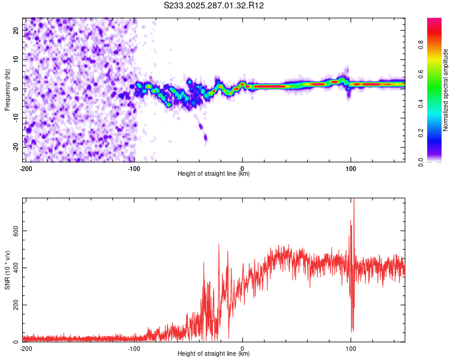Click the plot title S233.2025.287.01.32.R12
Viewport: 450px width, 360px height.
pyautogui.click(x=214, y=5)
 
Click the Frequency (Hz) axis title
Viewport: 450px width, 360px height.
pyautogui.click(x=7, y=89)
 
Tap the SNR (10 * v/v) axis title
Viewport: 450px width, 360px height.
pyautogui.click(x=7, y=270)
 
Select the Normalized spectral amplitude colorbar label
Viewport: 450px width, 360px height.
pyautogui.click(x=446, y=90)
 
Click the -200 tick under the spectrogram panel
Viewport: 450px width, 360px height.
pyautogui.click(x=26, y=169)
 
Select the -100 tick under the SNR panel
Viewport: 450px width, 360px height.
pyautogui.click(x=134, y=349)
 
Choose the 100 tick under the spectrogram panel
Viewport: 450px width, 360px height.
pyautogui.click(x=350, y=169)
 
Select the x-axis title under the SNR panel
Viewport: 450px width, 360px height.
pyautogui.click(x=214, y=355)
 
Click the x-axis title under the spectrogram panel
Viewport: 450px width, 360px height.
pyautogui.click(x=214, y=174)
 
